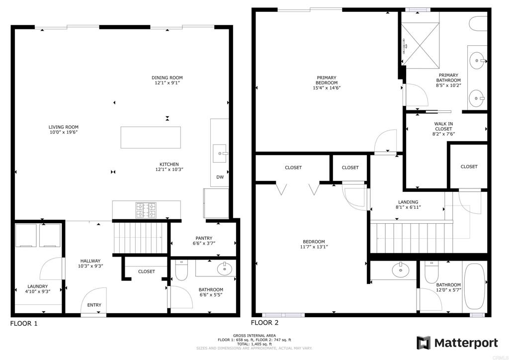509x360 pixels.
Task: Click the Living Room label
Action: click(64, 127)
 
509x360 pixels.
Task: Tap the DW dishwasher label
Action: click(220, 177)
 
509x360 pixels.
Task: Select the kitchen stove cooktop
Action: click(146, 210)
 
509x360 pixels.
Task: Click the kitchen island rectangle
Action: click(151, 137)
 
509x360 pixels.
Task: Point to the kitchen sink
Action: click(220, 153)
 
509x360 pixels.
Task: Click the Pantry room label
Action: click(204, 238)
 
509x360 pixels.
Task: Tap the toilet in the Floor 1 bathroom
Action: click(181, 270)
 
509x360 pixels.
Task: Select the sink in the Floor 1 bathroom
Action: click(224, 269)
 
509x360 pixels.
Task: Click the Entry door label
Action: click(94, 305)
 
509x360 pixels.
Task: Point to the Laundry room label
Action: click(38, 286)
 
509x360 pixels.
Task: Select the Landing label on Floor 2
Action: click(408, 202)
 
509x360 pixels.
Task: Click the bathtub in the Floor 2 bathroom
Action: click(475, 286)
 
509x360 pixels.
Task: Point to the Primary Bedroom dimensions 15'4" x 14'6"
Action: click(327, 88)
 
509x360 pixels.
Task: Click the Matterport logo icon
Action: click(424, 343)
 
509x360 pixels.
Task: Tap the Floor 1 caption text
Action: click(24, 323)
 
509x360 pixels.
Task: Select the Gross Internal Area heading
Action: click(254, 336)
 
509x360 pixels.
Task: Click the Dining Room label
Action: click(167, 78)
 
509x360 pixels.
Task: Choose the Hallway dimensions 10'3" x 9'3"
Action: click(90, 266)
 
